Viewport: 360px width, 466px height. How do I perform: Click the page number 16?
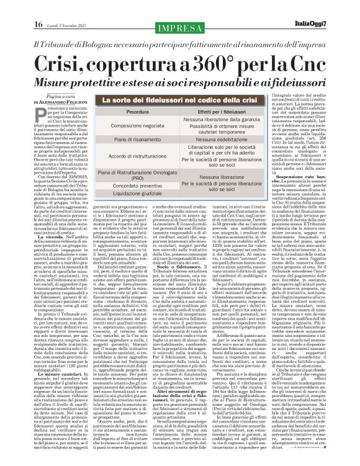37,7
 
